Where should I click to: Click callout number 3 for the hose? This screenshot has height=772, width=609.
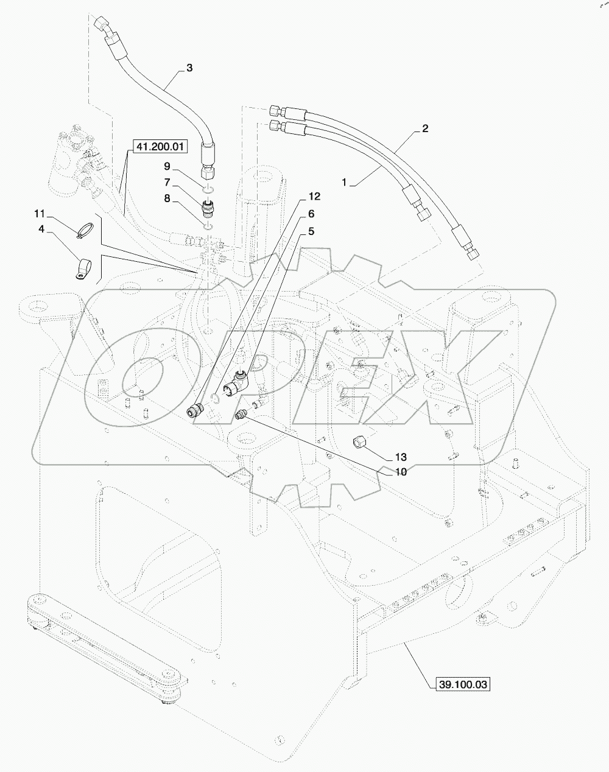[189, 68]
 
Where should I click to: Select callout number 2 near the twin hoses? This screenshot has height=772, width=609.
[424, 128]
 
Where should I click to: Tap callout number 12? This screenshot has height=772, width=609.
[314, 197]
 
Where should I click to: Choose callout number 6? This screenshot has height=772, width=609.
[311, 214]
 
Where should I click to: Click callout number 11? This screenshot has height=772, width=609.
[40, 214]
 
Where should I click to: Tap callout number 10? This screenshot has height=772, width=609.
[400, 471]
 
